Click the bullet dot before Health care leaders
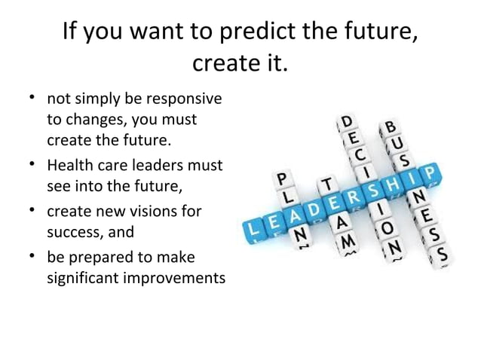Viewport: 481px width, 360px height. click(x=35, y=161)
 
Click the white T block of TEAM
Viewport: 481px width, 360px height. click(x=326, y=185)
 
